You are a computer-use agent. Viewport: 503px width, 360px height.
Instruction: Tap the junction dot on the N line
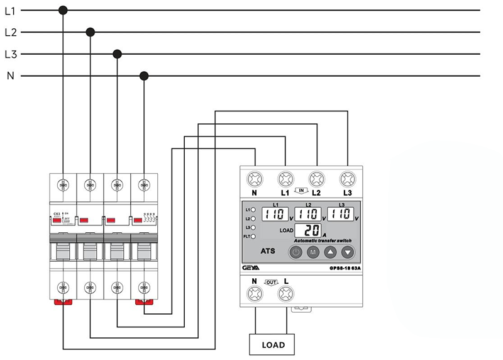[x=143, y=76]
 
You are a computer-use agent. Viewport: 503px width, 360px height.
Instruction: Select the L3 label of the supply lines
[x=11, y=54]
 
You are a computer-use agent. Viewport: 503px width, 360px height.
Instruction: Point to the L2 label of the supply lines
[x=11, y=31]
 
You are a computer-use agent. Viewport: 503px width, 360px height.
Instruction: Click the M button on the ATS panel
[x=313, y=252]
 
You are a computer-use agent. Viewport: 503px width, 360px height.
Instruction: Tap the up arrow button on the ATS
[x=331, y=252]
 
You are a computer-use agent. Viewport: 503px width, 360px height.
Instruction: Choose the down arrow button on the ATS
[x=348, y=252]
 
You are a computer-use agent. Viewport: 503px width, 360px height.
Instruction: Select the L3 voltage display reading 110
[x=340, y=214]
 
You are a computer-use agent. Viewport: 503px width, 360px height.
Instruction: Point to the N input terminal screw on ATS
[x=254, y=178]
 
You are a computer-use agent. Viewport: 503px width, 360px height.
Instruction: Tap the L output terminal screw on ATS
[x=286, y=293]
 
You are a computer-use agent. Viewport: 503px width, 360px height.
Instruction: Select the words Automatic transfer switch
[x=322, y=241]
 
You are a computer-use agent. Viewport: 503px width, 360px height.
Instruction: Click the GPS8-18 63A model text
[x=343, y=267]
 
